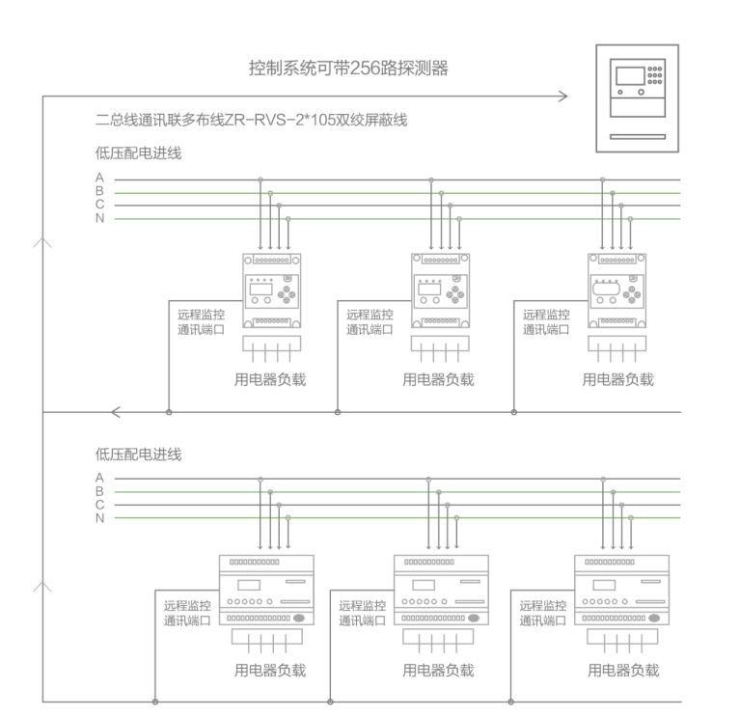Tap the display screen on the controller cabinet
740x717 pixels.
tap(624, 75)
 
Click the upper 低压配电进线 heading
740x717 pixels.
tap(138, 152)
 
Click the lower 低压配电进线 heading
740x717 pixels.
tap(138, 453)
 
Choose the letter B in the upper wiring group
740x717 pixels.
tap(99, 192)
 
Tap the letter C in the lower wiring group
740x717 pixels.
tap(99, 505)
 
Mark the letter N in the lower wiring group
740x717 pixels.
tap(99, 518)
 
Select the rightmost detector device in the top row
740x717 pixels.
tap(617, 290)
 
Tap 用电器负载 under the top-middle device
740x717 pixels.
tap(438, 379)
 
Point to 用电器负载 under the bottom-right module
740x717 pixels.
tap(623, 671)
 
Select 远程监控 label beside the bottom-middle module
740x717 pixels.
tap(362, 606)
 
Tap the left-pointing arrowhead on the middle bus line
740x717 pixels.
tap(116, 413)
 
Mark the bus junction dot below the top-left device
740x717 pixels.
tap(169, 413)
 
